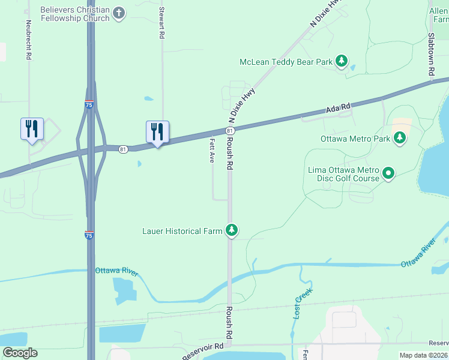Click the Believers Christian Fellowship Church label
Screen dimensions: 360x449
point(75,14)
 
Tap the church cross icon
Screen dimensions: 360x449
point(119,13)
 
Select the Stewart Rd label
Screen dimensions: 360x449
point(161,23)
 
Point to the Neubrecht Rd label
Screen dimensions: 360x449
point(28,40)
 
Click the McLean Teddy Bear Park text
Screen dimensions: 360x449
point(286,61)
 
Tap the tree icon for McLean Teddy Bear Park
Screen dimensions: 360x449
point(341,61)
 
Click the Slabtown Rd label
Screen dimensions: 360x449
point(431,53)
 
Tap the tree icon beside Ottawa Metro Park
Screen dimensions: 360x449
point(399,139)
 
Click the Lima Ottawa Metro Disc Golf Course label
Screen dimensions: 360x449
point(343,174)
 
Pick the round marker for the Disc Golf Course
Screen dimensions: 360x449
point(388,174)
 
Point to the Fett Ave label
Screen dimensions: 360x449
point(212,151)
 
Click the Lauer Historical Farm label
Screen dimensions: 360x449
point(182,230)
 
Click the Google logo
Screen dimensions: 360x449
point(20,353)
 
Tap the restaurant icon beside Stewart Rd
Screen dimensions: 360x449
point(157,131)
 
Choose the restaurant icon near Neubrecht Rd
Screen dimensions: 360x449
point(32,128)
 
